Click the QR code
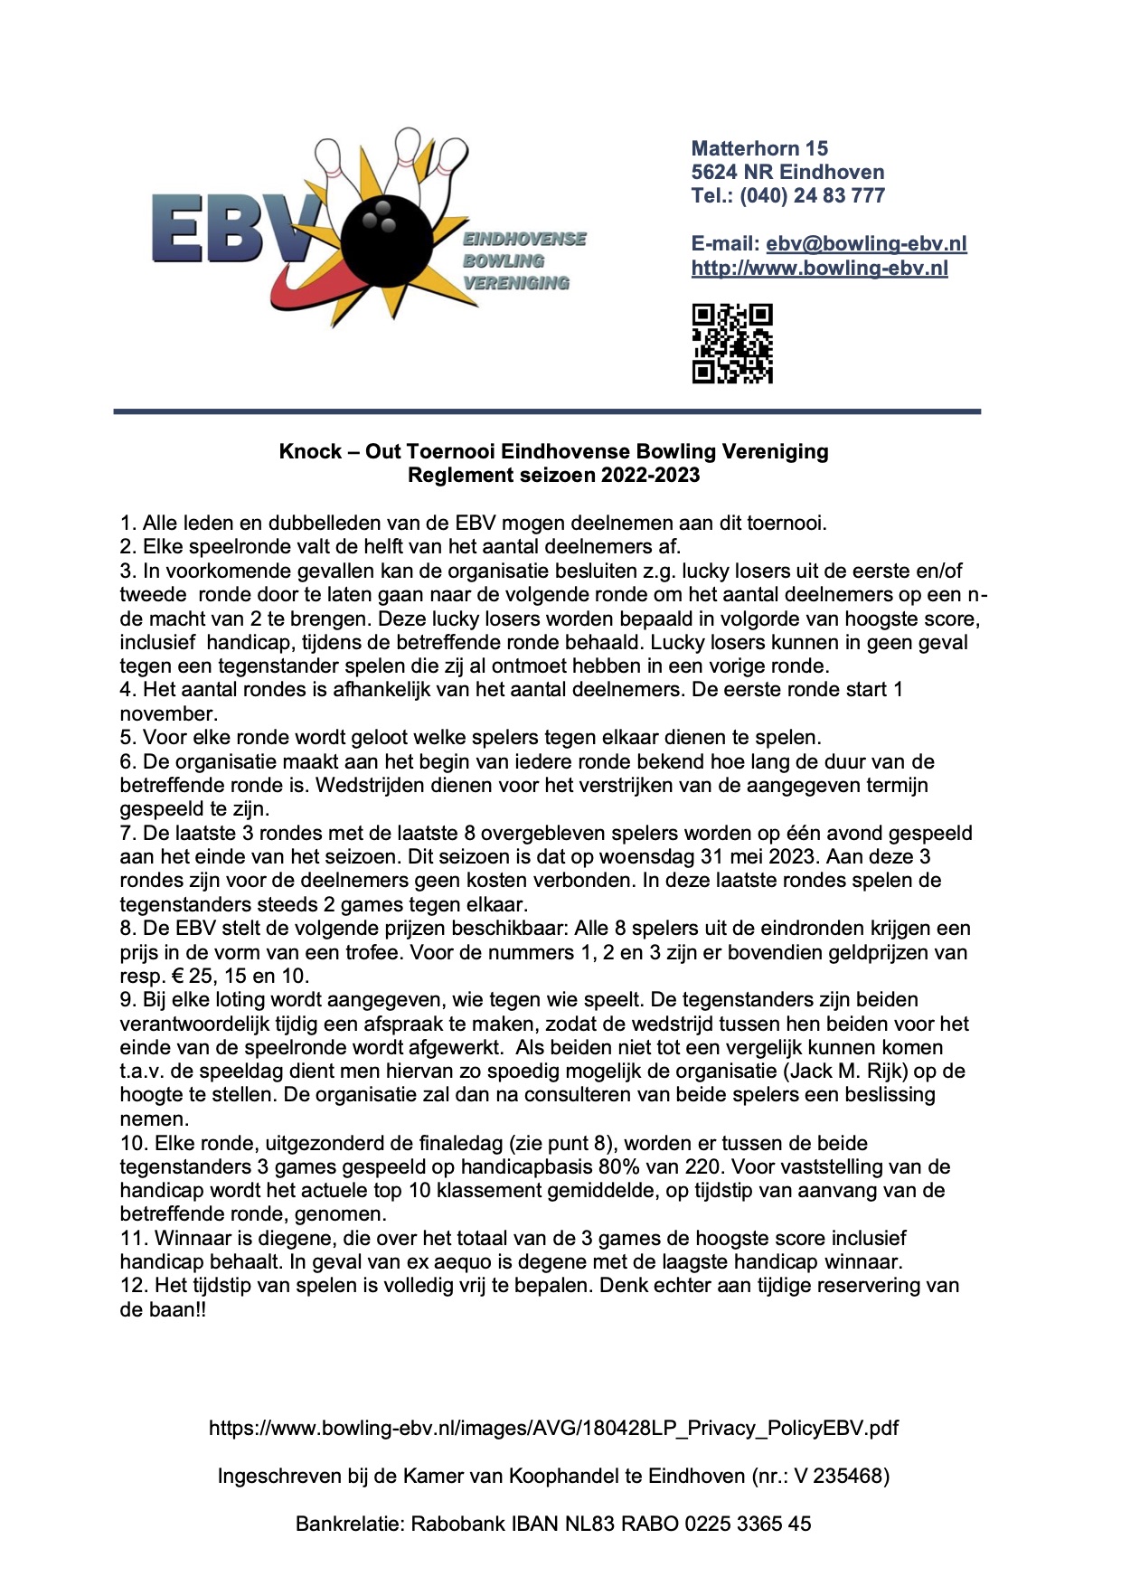(x=732, y=344)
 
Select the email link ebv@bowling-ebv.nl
(x=866, y=243)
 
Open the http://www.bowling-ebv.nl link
(x=819, y=268)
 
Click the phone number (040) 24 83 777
(x=812, y=195)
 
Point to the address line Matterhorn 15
(x=759, y=148)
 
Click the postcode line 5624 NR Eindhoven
(x=787, y=172)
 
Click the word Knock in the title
(x=310, y=451)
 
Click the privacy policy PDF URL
(x=553, y=1429)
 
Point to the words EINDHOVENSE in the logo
(x=524, y=239)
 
